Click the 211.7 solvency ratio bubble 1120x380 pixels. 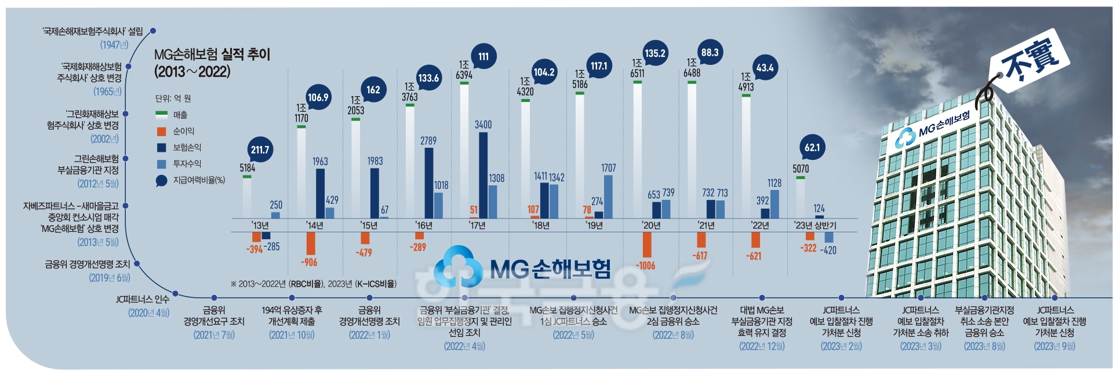click(260, 150)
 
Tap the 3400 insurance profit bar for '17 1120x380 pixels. click(483, 174)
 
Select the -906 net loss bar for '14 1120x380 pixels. click(311, 243)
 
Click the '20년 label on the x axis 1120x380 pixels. click(651, 225)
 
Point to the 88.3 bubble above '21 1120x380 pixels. click(710, 53)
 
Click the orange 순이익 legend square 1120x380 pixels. click(162, 131)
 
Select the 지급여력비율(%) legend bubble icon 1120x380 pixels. click(161, 181)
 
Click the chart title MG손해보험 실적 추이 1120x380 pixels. click(212, 54)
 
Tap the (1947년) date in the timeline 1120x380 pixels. click(114, 45)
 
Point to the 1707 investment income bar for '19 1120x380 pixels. click(608, 196)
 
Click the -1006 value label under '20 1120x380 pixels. click(645, 266)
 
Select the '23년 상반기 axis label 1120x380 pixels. click(815, 225)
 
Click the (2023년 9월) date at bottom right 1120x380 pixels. click(1054, 346)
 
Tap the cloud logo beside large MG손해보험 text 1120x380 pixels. click(458, 267)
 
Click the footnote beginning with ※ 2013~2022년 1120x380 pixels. click(313, 284)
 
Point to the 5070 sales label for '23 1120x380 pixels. click(800, 169)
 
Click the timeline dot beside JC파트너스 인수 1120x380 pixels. click(175, 294)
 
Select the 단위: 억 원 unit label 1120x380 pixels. click(173, 98)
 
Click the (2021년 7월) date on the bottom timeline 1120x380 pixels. click(214, 335)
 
